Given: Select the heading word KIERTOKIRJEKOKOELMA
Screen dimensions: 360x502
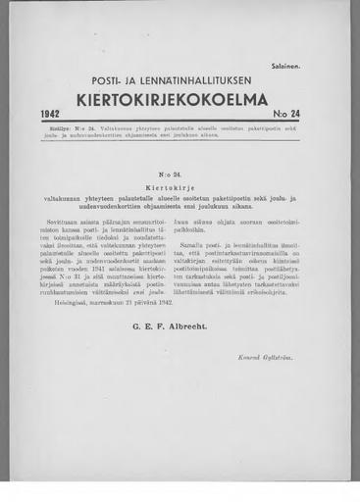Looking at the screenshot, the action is [x=179, y=100].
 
